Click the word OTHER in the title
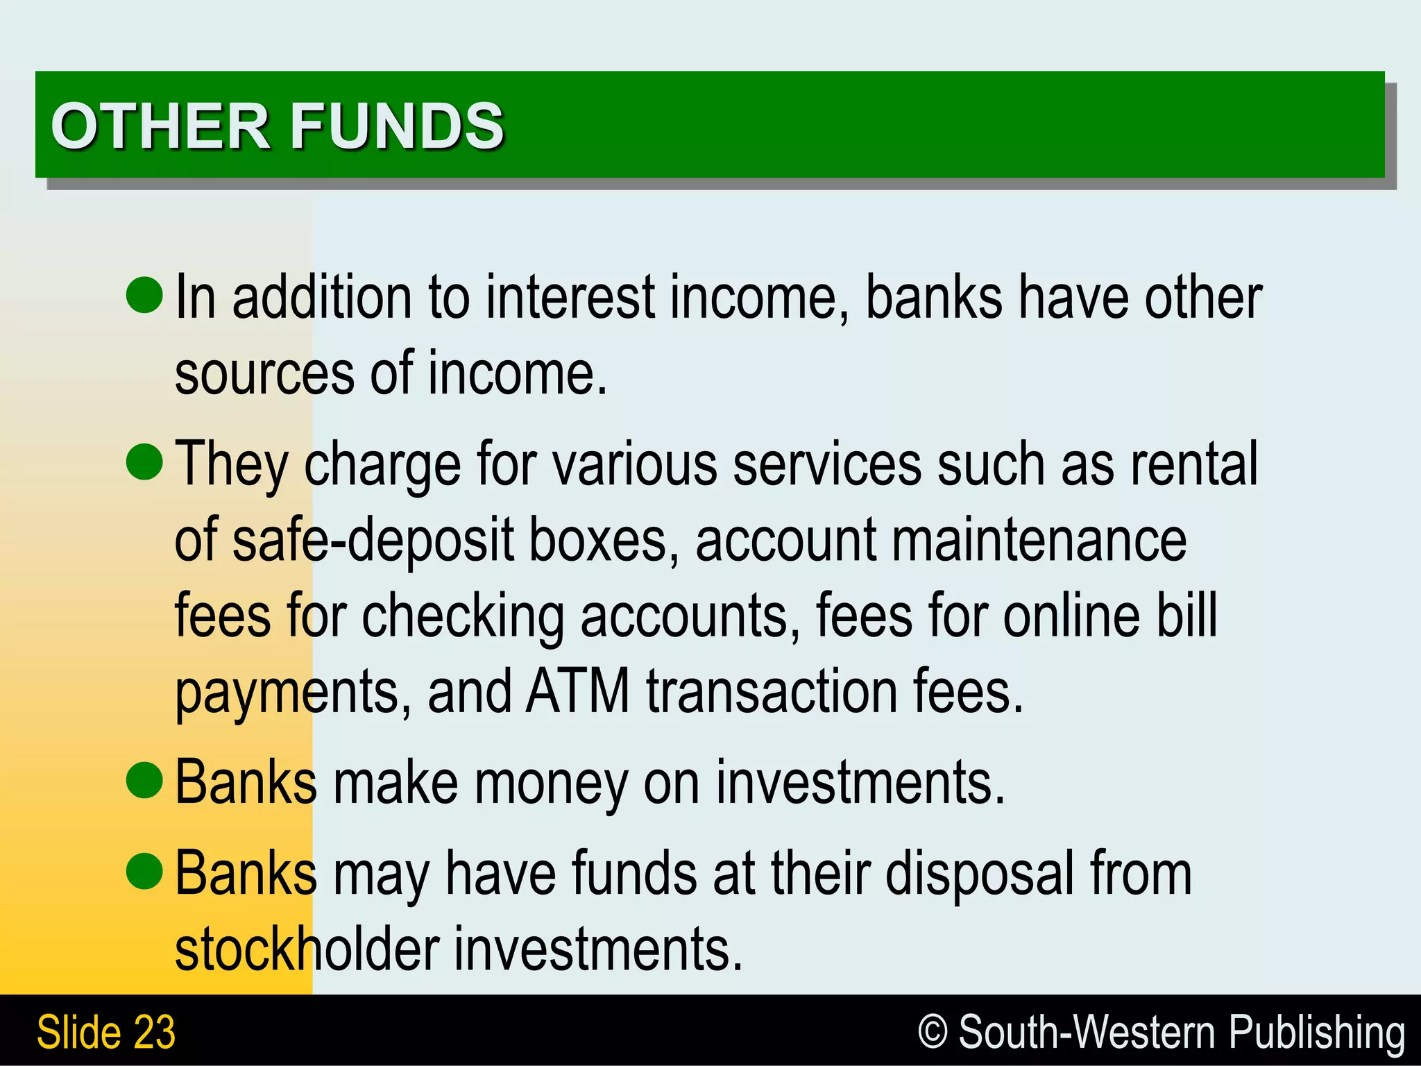160,126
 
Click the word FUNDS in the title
397,126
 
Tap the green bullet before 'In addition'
144,294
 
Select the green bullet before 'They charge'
144,462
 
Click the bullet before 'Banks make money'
144,780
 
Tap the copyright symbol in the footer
933,1031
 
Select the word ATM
577,691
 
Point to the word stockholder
307,949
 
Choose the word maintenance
1039,540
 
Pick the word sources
264,375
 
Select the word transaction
772,691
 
